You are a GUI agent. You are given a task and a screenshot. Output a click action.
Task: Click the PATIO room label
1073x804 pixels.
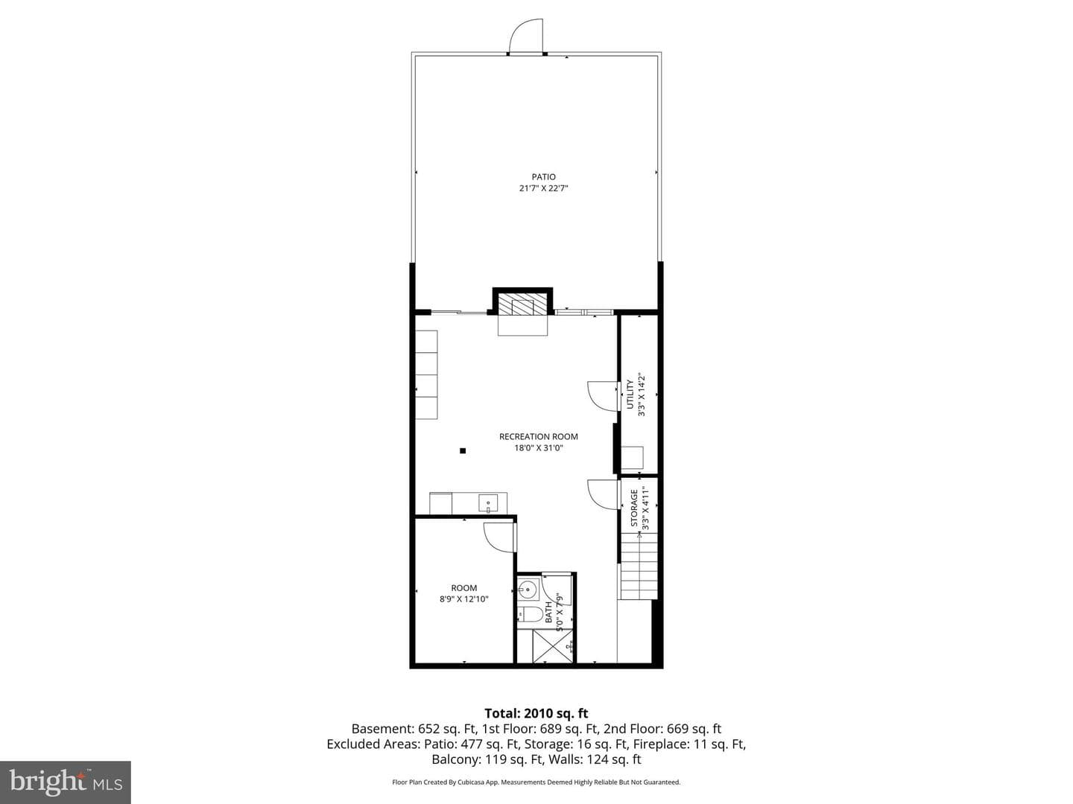[x=544, y=176]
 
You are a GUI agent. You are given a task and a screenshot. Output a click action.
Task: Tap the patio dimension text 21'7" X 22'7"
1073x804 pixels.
[x=544, y=188]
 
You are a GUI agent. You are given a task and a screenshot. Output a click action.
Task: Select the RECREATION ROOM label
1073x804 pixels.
[x=538, y=436]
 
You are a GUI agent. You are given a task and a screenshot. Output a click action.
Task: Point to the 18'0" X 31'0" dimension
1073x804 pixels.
[x=538, y=448]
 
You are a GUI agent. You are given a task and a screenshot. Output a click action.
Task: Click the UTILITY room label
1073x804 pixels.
[x=630, y=395]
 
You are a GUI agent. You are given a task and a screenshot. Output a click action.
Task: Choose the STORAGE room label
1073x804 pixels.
[x=634, y=508]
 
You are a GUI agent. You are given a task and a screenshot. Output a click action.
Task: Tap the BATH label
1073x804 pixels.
[x=548, y=612]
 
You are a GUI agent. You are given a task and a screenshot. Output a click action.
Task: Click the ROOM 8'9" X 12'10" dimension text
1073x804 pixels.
[x=464, y=599]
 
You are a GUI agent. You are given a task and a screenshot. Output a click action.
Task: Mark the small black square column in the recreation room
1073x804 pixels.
[x=463, y=450]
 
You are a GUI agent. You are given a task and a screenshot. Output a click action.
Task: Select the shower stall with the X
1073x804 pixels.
[x=552, y=646]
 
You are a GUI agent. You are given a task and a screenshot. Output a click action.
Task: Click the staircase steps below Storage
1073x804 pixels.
[x=639, y=567]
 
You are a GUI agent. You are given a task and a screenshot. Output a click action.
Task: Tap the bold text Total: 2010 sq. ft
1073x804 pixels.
[x=536, y=713]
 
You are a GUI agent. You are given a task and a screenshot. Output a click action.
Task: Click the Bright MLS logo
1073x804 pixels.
[x=66, y=782]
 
